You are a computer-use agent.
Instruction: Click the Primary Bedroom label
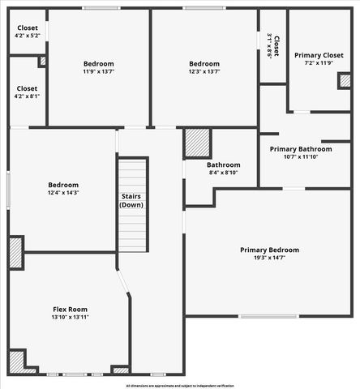[x=269, y=250]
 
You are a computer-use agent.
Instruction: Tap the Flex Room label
[x=70, y=310]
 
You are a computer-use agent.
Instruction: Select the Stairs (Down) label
[x=131, y=200]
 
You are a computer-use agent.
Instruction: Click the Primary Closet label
[x=319, y=54]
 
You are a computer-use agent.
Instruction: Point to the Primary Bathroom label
[x=300, y=149]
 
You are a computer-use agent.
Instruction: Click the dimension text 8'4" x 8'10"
[x=223, y=172]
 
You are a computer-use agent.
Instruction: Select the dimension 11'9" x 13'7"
[x=98, y=71]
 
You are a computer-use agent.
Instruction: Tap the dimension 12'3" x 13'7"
[x=204, y=71]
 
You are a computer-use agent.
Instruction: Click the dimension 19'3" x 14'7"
[x=269, y=258]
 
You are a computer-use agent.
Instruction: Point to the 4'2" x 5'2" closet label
[x=27, y=36]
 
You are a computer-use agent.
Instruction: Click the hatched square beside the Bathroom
[x=197, y=143]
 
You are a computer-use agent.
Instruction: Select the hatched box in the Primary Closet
[x=345, y=80]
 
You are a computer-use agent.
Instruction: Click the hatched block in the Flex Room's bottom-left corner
[x=16, y=360]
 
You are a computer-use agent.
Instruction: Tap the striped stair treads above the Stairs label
[x=131, y=175]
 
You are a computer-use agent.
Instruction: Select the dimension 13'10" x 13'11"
[x=70, y=318]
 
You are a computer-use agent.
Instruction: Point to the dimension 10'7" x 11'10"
[x=300, y=157]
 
